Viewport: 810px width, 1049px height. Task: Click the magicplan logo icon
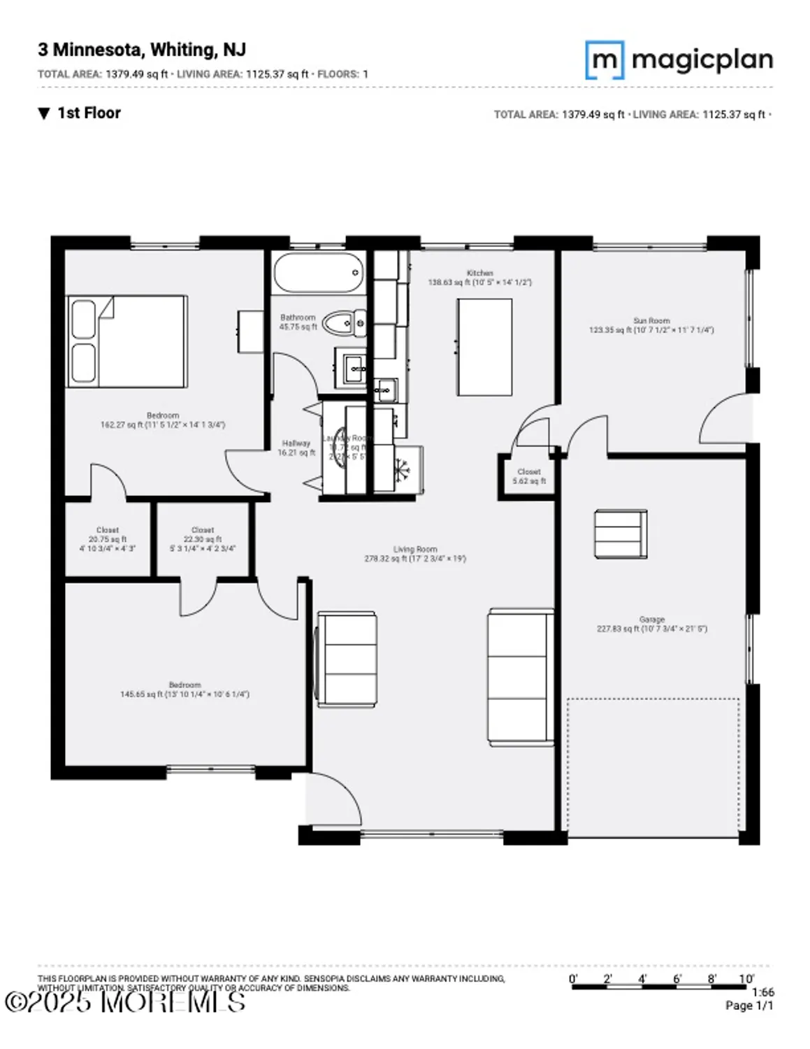pos(604,60)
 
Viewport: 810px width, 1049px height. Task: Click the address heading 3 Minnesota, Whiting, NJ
pos(142,50)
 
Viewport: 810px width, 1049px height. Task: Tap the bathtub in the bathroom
pos(319,273)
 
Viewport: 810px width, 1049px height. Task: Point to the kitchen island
pos(484,347)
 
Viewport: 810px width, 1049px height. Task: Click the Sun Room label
pos(651,320)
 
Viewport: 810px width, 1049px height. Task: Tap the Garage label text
pos(651,620)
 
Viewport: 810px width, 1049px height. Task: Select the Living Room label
pos(415,550)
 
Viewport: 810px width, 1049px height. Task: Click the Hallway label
pos(296,443)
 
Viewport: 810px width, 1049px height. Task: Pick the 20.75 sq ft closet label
pos(108,539)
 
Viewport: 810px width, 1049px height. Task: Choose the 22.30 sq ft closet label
pos(203,539)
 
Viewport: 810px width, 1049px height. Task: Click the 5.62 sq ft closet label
pos(529,476)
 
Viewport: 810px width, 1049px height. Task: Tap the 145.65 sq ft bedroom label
pos(185,690)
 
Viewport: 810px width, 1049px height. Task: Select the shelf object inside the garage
pos(621,534)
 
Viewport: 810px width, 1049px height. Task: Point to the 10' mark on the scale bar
pos(746,979)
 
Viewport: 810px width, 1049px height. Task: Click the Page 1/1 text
pos(749,1006)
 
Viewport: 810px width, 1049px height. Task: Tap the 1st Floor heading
pos(88,113)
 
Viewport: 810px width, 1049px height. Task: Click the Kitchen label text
pos(480,273)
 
